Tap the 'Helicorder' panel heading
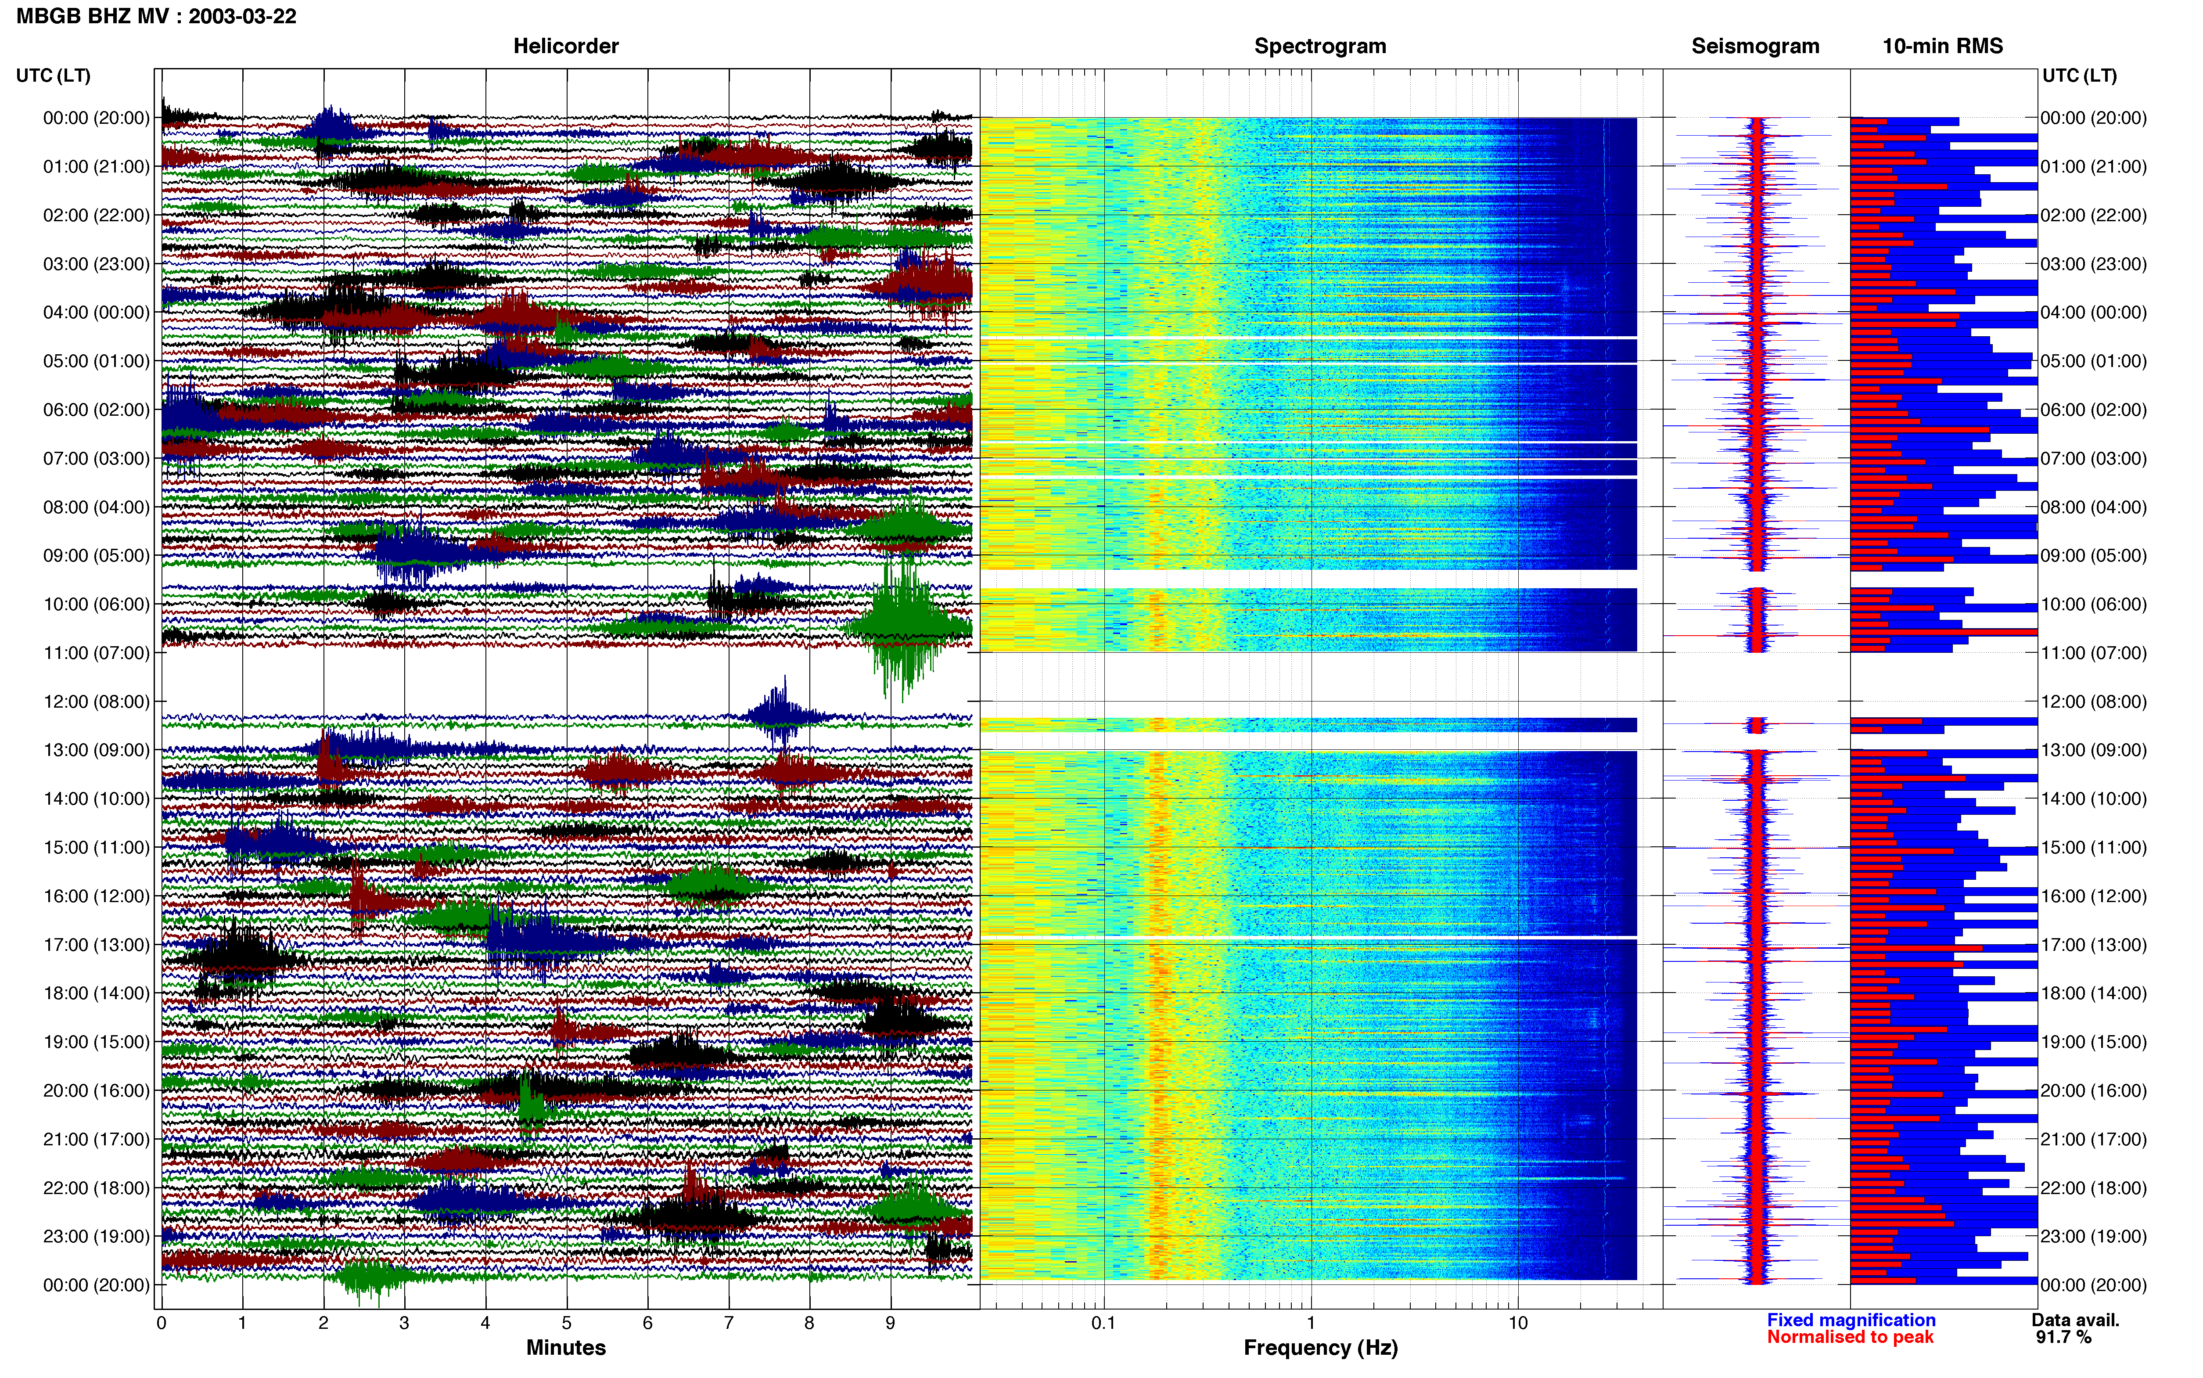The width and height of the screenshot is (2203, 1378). (x=566, y=47)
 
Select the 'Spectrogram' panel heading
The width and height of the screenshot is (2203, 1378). (x=1320, y=47)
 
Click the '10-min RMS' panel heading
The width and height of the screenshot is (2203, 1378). (x=1942, y=47)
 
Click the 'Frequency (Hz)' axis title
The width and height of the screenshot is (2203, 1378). (x=1320, y=1348)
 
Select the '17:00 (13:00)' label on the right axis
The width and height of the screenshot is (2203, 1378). (x=2094, y=945)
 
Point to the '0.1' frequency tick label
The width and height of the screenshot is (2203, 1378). (x=1103, y=1323)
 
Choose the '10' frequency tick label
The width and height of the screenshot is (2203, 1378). (x=1517, y=1323)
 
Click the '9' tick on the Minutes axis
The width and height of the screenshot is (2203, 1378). (x=890, y=1323)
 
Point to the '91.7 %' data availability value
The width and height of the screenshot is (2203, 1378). (x=2063, y=1337)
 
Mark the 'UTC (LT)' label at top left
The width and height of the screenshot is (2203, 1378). (x=54, y=76)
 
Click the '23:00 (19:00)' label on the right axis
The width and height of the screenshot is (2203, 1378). (x=2094, y=1237)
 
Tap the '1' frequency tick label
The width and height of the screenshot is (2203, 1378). (x=1310, y=1323)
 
